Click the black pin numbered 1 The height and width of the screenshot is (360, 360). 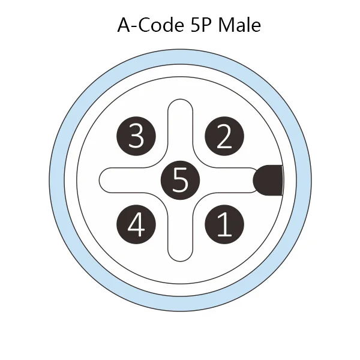pos(224,224)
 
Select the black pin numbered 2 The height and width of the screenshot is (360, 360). pos(224,136)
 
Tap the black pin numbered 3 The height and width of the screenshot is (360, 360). pos(136,136)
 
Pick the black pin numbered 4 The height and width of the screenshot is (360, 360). pos(136,224)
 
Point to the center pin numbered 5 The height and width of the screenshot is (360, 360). pos(180,180)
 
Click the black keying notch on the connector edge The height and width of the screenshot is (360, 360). pos(268,180)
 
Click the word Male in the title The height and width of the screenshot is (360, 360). pos(239,25)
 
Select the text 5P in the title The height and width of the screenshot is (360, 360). pos(200,25)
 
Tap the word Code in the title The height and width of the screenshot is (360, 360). pos(161,25)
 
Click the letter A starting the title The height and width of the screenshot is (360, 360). pos(124,25)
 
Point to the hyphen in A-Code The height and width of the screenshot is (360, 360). pos(134,27)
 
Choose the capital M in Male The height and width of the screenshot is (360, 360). pos(226,25)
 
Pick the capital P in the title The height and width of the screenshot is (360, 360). pos(206,25)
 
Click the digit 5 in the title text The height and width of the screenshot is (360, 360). pos(194,25)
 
